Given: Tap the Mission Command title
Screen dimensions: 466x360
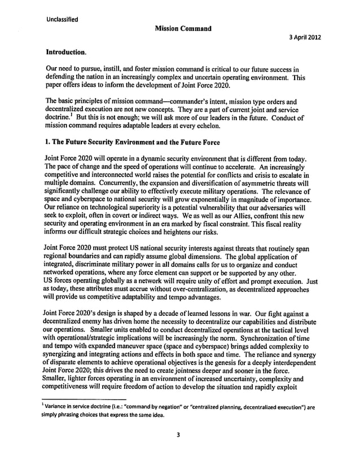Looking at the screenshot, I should tap(180, 28).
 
